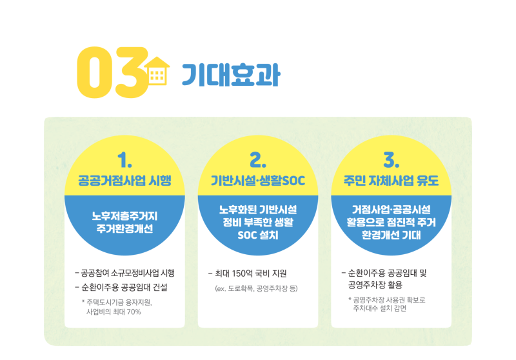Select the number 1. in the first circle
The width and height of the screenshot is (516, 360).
pos(124,159)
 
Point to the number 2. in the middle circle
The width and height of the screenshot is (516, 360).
pos(258,159)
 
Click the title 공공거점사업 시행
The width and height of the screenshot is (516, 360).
pos(124,180)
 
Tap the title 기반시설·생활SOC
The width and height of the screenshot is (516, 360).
pos(258,180)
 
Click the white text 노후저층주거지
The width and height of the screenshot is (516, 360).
pos(124,215)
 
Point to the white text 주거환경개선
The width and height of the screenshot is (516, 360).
pos(124,229)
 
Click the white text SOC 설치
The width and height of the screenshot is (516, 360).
pos(258,235)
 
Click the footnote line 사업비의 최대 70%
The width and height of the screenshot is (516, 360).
pos(114,312)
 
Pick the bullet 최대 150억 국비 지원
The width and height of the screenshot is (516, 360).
pos(247,272)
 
